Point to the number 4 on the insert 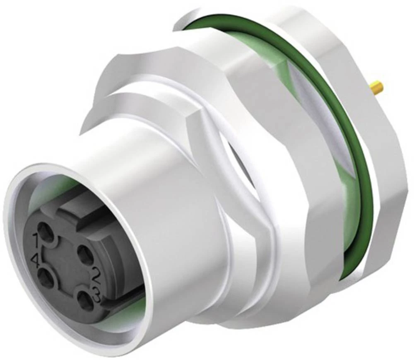[36, 261]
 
